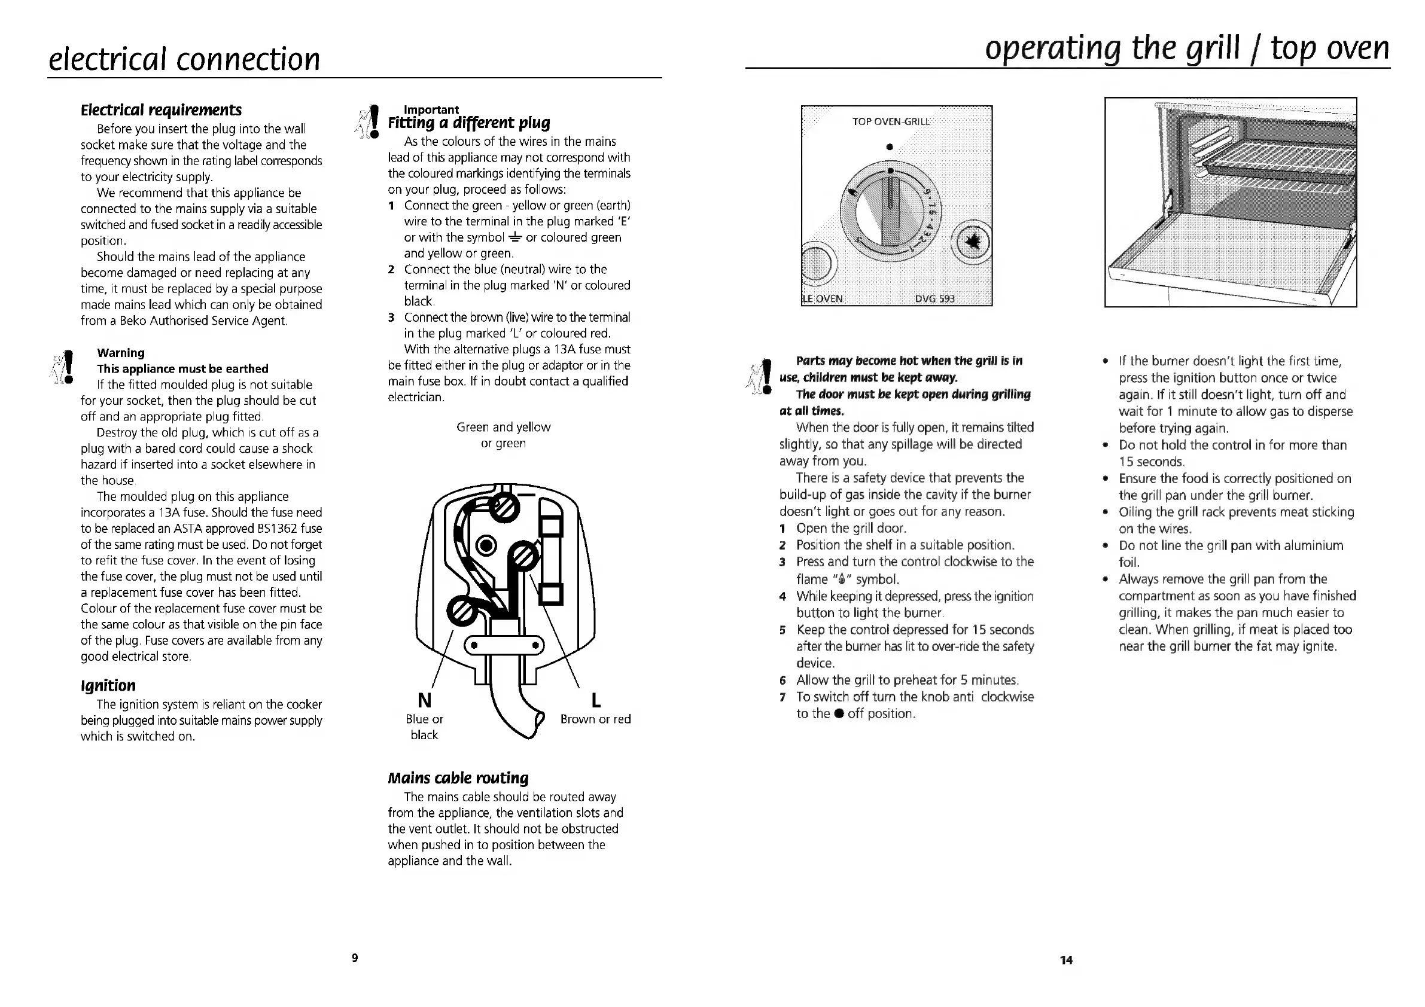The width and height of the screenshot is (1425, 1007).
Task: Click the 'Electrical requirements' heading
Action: (161, 110)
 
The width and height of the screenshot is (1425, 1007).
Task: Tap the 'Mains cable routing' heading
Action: (458, 777)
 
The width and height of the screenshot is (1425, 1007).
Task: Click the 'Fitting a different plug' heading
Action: (469, 122)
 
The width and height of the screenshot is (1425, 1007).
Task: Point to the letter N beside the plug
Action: (425, 700)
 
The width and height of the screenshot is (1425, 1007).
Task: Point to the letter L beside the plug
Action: (596, 700)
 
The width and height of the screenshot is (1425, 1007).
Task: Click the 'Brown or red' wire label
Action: (595, 719)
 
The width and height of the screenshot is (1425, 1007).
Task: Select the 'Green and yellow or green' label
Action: (503, 434)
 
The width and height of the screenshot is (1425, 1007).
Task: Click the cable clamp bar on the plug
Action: (504, 645)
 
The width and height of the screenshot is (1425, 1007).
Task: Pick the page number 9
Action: (355, 957)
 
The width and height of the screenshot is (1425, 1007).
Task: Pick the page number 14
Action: (1066, 960)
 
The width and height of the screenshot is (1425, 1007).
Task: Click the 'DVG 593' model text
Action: (934, 298)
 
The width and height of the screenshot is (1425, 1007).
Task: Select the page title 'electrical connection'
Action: (184, 59)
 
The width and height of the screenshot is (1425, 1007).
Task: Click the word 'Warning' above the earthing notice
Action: (120, 352)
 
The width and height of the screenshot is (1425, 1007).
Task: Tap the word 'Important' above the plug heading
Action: (431, 109)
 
